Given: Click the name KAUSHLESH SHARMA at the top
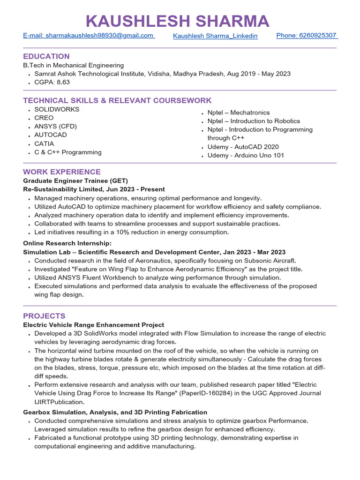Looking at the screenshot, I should (x=178, y=21).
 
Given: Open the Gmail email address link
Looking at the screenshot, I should (x=89, y=36).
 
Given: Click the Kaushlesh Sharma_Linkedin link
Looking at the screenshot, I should (x=215, y=36).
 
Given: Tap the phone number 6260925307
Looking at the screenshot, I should (x=307, y=36).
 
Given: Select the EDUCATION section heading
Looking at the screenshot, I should (x=46, y=56).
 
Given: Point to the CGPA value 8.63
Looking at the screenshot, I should (x=63, y=82).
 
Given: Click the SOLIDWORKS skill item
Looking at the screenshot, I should (x=57, y=109).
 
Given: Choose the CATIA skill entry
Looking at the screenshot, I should (x=44, y=143).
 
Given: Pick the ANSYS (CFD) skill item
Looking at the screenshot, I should (x=55, y=126).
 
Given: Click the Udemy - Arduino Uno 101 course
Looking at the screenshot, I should (x=246, y=155).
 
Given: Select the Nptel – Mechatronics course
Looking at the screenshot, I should (x=239, y=112).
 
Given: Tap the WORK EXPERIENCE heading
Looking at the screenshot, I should (x=62, y=172).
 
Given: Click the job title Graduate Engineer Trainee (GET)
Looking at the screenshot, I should (x=75, y=180).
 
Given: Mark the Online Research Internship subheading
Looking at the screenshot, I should (x=67, y=243).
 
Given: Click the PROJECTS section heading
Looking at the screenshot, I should (x=44, y=316).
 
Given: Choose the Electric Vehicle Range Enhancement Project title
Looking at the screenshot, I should (x=94, y=325).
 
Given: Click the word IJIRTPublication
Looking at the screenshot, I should (x=60, y=402).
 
